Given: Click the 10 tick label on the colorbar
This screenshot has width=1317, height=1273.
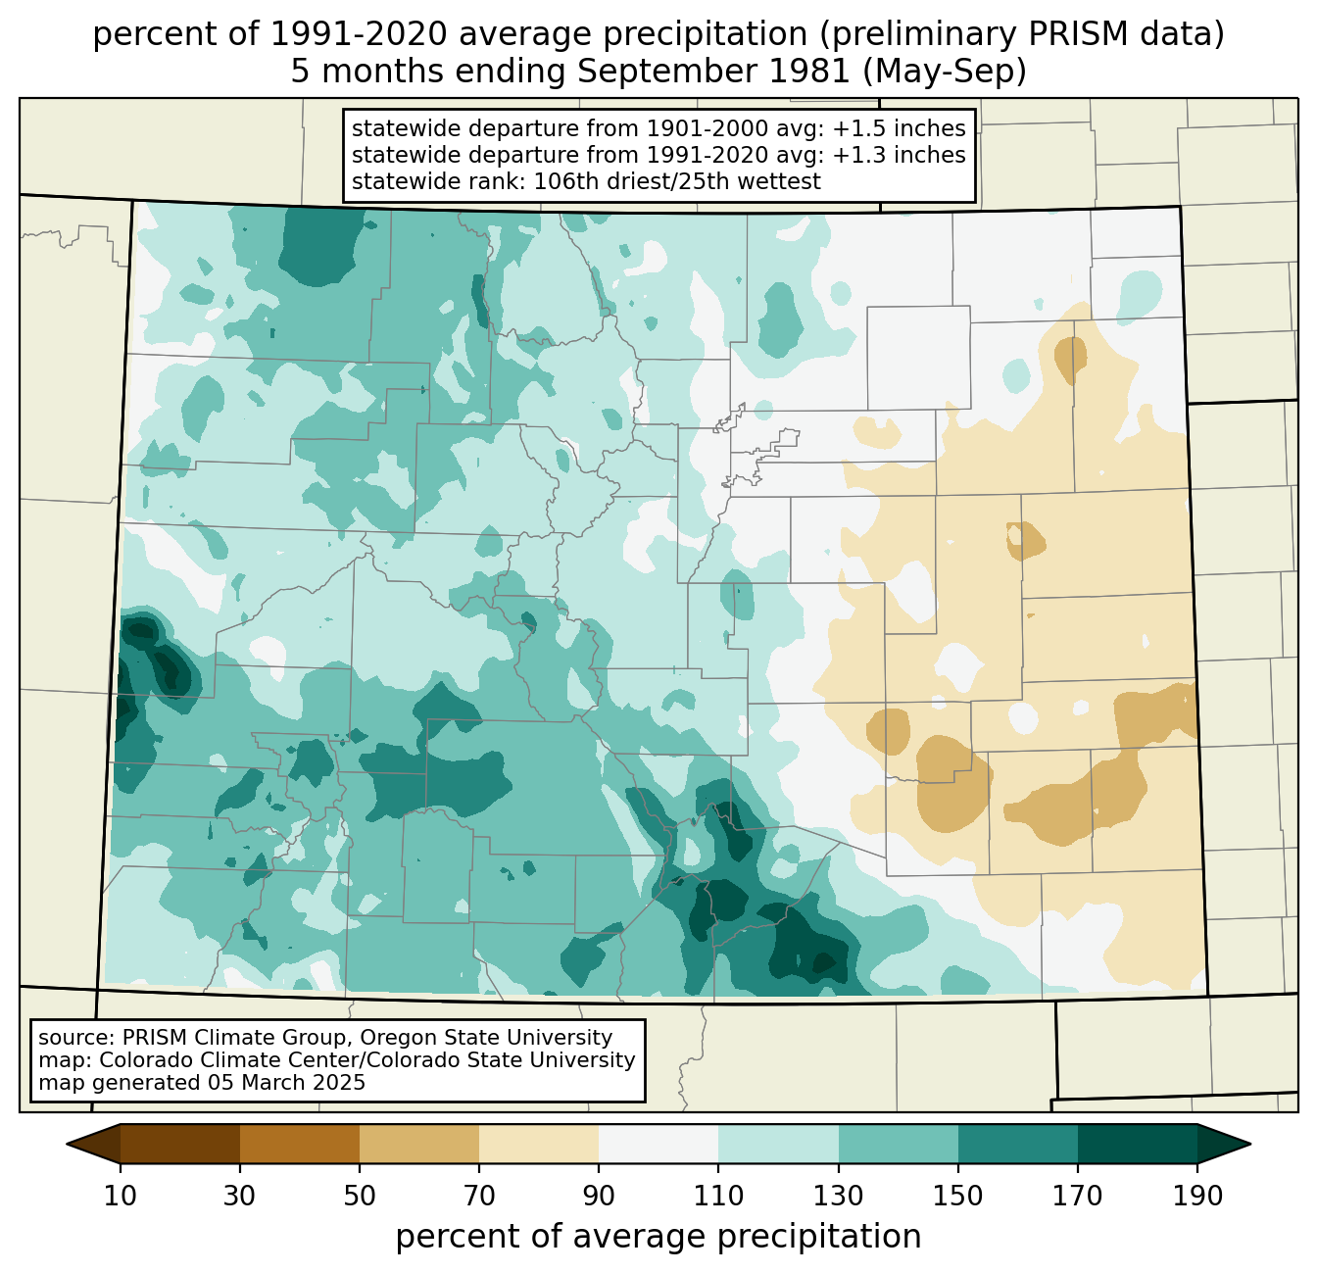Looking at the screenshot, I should coord(121,1196).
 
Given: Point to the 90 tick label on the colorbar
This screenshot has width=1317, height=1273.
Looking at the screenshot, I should coord(599,1196).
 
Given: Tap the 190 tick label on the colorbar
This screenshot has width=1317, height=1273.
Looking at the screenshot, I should coord(1197,1196).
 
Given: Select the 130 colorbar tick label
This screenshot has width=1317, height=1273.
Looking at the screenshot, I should coord(839,1196).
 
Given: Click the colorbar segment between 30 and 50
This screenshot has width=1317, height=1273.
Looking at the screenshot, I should coord(300,1144).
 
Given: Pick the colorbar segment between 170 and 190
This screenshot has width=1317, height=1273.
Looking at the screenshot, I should coord(1138,1144).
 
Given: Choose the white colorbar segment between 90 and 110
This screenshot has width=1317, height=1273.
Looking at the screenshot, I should coord(658,1144).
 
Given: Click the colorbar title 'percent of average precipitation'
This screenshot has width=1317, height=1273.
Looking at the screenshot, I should coord(658,1237).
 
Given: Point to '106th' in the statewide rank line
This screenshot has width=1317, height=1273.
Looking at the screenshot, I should coord(564,181).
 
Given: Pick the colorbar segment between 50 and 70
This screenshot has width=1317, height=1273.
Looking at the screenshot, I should coord(419,1144).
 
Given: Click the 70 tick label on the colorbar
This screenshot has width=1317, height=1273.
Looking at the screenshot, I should coord(479,1196).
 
